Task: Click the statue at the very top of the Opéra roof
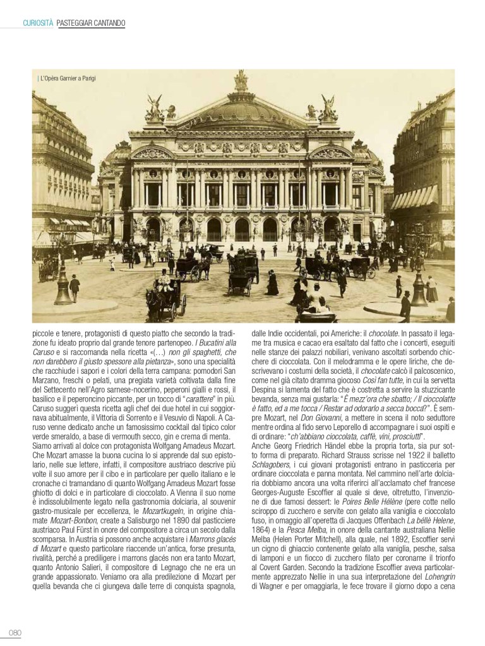tap(241, 81)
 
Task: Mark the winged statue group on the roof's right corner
tap(328, 109)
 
